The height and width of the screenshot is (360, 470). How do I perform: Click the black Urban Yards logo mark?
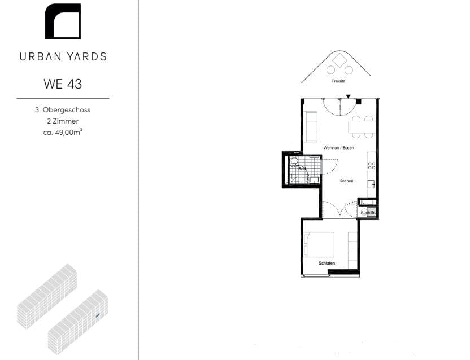coord(63,21)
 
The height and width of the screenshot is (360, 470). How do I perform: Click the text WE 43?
coord(63,84)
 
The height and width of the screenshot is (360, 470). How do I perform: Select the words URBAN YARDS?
coord(63,56)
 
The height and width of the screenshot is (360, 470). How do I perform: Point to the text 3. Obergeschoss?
coord(63,110)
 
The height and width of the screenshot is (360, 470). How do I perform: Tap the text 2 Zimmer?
coord(63,121)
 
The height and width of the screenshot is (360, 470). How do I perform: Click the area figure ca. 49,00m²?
coord(63,133)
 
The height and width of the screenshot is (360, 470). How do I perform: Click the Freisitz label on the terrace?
coord(338,81)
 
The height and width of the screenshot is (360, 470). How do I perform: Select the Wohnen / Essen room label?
coord(338,147)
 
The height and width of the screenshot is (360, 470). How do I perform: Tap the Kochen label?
coord(346,181)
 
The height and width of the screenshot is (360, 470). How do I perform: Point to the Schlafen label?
coord(327,264)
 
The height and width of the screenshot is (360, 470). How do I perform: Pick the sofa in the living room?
coord(311,126)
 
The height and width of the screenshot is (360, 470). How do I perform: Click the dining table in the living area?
coord(362,127)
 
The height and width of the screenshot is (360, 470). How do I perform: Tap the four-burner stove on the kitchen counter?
coord(372,165)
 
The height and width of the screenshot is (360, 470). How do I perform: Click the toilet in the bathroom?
coord(294,161)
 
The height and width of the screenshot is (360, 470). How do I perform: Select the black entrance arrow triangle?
coord(349,96)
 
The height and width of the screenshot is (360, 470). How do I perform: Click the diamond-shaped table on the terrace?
coord(340,60)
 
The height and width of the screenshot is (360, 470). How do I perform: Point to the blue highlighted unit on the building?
coord(98,315)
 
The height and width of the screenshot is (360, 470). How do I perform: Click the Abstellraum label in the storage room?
coord(368,212)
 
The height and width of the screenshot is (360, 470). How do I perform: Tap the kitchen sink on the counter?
coord(371,185)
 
